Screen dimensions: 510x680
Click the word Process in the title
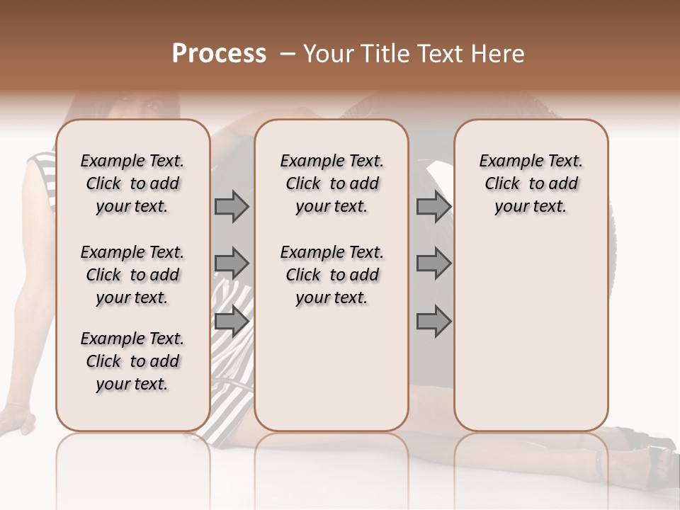point(219,54)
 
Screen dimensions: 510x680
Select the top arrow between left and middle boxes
point(232,207)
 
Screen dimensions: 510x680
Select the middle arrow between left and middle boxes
point(232,263)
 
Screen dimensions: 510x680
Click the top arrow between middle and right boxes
point(433,207)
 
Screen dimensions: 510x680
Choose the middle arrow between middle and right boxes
point(433,263)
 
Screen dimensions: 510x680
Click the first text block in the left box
point(132,183)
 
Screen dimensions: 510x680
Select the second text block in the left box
point(132,275)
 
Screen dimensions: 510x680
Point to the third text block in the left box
point(132,361)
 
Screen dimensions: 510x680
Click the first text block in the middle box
point(331,183)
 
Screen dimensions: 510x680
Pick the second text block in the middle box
point(331,275)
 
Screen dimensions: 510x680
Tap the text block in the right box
point(531,183)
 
